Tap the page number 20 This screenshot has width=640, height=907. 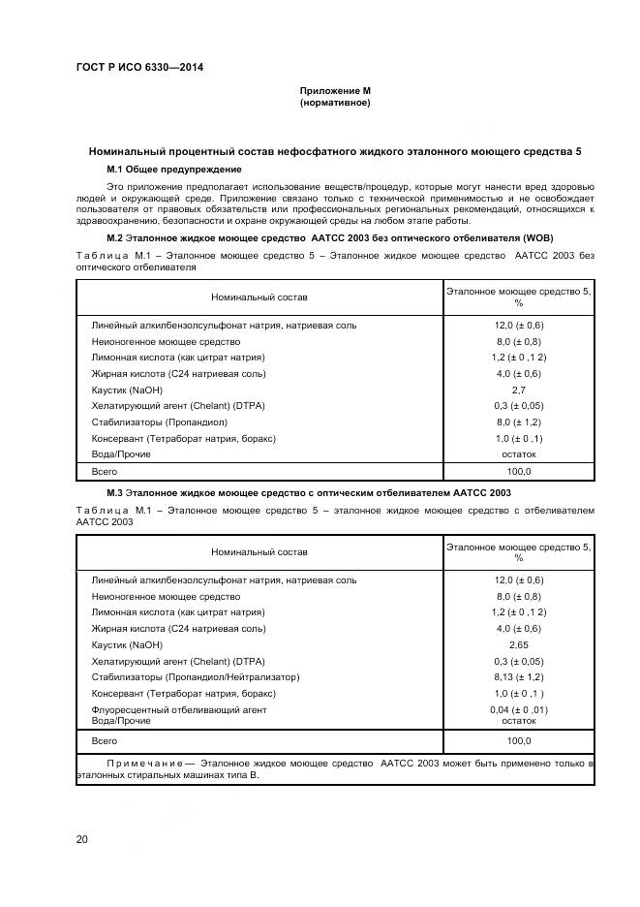click(82, 839)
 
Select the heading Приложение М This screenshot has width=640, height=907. click(335, 91)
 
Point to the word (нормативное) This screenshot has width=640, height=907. click(335, 102)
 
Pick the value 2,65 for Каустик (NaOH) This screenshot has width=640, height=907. click(518, 644)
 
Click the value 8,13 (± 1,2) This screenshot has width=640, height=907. click(518, 677)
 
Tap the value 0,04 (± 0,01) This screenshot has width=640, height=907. click(518, 710)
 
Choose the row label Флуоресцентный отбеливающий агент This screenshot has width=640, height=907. click(179, 710)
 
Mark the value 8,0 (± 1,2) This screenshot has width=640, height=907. click(518, 422)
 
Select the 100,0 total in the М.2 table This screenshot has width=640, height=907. click(518, 471)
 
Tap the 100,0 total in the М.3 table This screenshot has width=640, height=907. click(518, 740)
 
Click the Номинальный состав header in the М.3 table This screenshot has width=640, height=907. click(259, 552)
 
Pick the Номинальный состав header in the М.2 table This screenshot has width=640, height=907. click(259, 296)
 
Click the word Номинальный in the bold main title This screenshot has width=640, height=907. click(130, 152)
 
